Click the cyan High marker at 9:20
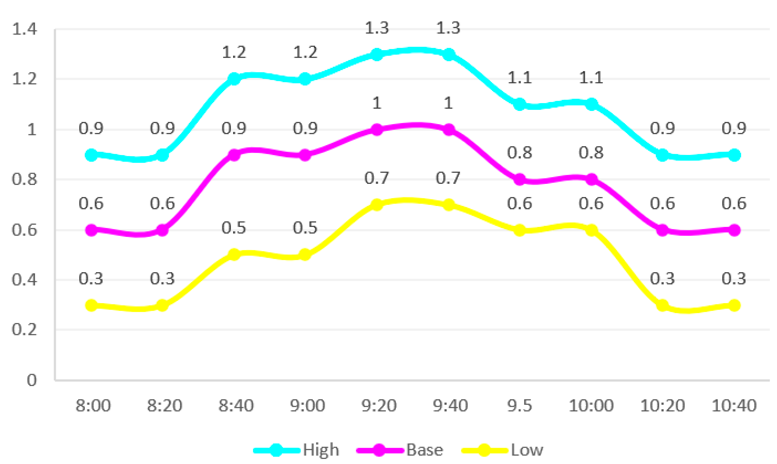click(x=377, y=54)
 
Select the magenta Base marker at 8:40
click(x=234, y=155)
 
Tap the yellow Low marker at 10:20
click(x=663, y=305)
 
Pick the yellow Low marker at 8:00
click(x=91, y=305)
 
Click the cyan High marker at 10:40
click(x=734, y=155)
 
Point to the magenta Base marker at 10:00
click(x=591, y=180)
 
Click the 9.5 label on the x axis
click(x=519, y=405)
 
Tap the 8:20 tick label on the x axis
click(x=165, y=405)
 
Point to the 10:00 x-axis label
click(x=591, y=405)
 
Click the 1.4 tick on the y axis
click(x=24, y=29)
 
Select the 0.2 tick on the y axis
click(x=24, y=330)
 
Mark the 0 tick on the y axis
click(x=32, y=380)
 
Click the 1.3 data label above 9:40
click(x=448, y=28)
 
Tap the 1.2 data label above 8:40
click(x=234, y=52)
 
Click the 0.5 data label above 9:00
click(x=305, y=228)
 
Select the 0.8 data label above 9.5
click(x=519, y=153)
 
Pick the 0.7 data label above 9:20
click(x=376, y=178)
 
